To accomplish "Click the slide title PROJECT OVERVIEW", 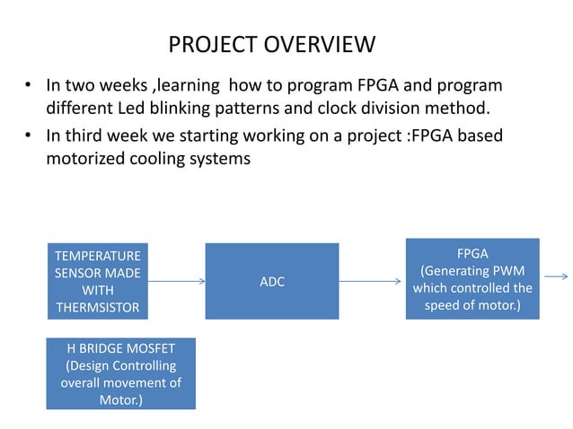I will click(x=271, y=44).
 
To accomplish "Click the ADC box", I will click(x=271, y=282).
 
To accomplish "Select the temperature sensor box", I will click(x=99, y=282).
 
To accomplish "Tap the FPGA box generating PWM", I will click(x=472, y=279).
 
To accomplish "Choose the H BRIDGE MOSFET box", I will click(x=120, y=373).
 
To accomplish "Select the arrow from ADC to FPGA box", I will click(x=372, y=282).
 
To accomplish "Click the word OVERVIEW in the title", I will click(x=324, y=44).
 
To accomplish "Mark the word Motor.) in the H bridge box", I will click(x=120, y=399).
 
